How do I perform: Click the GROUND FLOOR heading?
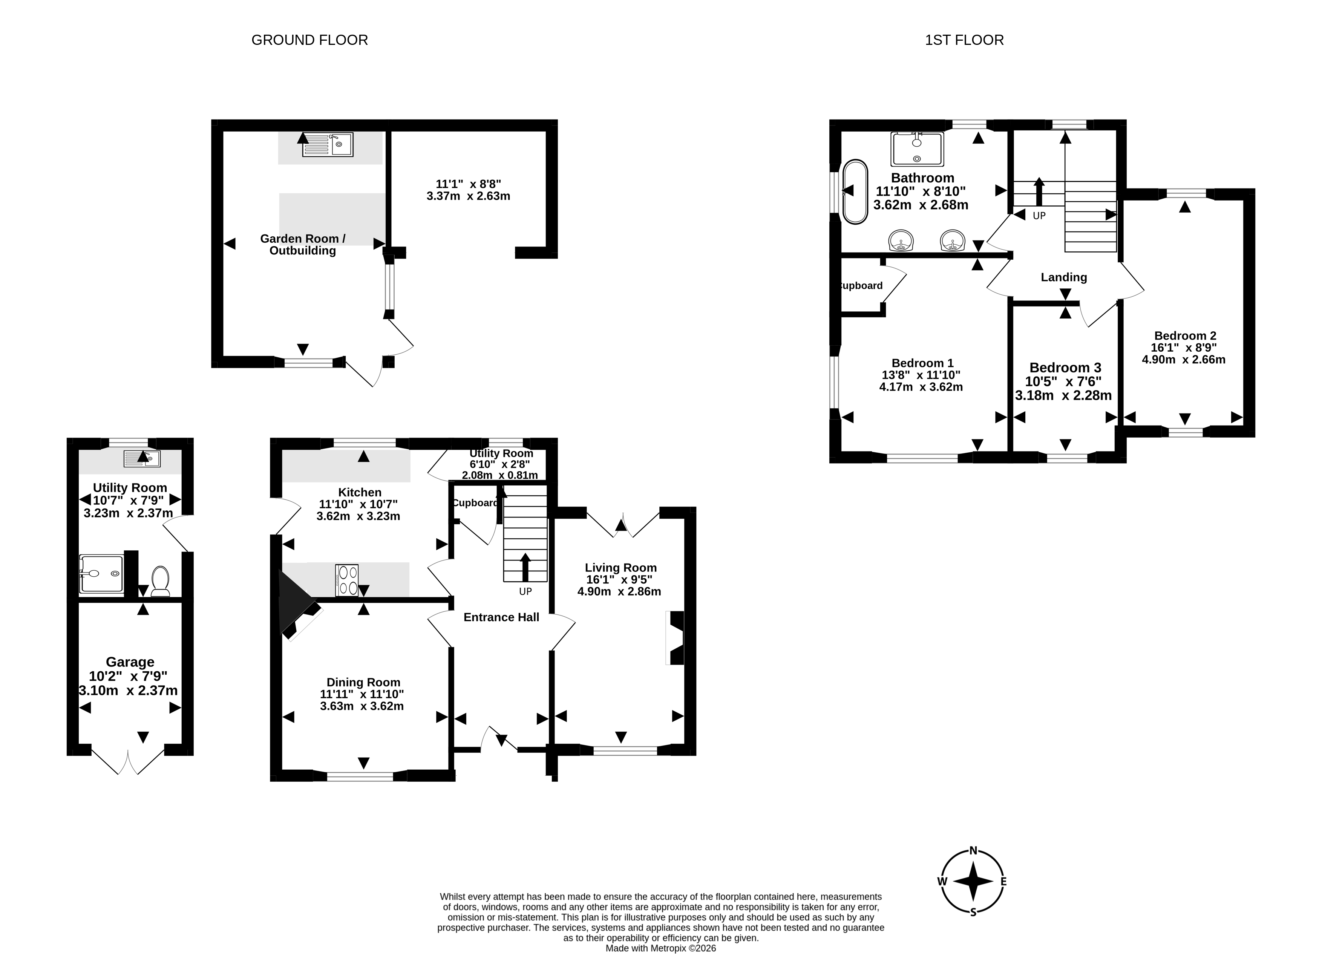point(309,40)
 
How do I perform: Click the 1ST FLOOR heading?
point(964,40)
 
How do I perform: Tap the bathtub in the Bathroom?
point(855,192)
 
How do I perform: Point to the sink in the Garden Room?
point(328,144)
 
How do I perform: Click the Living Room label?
point(621,568)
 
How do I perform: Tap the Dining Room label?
point(363,683)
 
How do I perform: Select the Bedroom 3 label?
point(1065,368)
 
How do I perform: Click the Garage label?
point(130,662)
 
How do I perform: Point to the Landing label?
point(1064,277)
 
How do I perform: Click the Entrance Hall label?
point(501,617)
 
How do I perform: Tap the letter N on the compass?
point(973,850)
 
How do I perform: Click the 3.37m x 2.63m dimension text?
point(468,196)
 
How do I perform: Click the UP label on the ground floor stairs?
point(525,591)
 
